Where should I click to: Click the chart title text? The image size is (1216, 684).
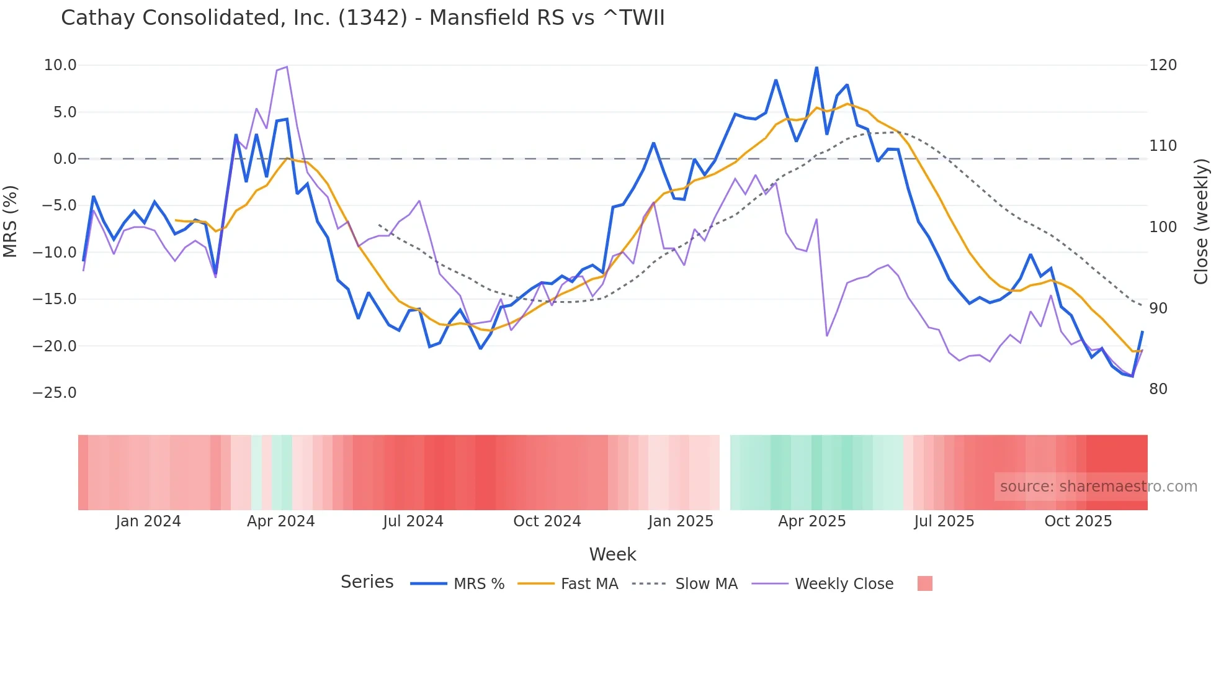[362, 18]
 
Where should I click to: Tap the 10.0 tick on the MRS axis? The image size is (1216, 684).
[60, 65]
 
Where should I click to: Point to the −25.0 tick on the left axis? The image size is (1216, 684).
[55, 393]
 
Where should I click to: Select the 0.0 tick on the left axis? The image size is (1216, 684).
[65, 159]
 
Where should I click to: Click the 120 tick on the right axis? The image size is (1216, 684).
[1163, 65]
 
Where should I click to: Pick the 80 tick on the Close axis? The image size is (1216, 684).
[1158, 389]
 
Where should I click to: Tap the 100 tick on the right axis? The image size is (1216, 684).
[1163, 227]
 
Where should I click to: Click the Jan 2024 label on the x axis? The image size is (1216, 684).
[148, 521]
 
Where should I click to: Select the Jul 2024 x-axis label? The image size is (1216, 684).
[413, 521]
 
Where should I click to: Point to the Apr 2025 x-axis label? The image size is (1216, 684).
[812, 521]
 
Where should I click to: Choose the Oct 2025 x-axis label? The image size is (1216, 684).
[1078, 521]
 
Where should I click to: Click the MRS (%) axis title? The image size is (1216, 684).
[11, 222]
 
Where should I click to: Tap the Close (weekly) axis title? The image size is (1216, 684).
[1202, 222]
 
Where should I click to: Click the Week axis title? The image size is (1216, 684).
[612, 554]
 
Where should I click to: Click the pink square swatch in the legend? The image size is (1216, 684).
[924, 583]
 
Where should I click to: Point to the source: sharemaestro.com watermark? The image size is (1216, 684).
[1098, 487]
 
